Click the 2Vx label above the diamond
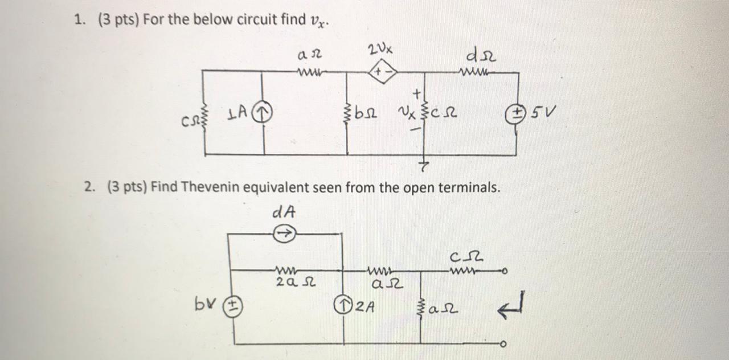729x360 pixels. click(380, 50)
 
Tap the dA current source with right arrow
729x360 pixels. click(284, 232)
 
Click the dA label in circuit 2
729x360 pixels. click(284, 212)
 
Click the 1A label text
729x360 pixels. click(237, 115)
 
